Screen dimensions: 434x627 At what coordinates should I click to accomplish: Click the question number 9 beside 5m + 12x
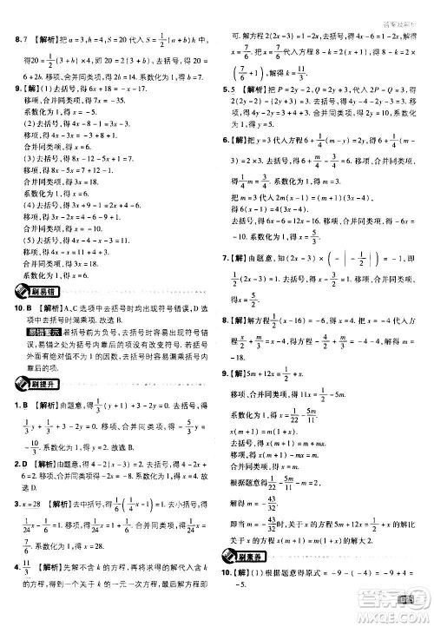[x=227, y=374]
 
